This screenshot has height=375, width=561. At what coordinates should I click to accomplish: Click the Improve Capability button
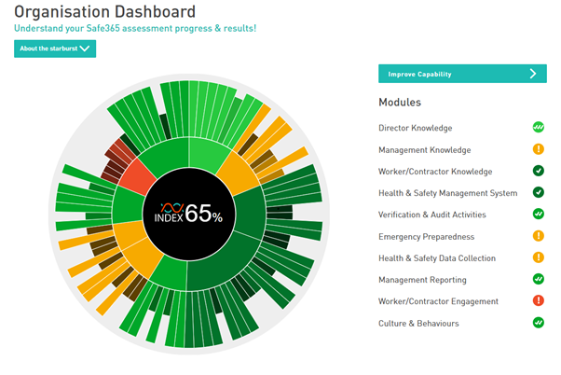tap(462, 74)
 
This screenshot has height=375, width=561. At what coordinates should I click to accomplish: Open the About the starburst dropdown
tap(55, 49)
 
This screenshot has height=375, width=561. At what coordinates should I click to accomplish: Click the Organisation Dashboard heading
tap(105, 12)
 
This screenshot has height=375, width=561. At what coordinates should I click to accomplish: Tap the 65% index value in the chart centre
tap(203, 214)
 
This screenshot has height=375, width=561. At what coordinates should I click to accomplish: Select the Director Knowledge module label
tap(416, 128)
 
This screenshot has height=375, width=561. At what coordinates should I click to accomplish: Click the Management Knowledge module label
tap(424, 149)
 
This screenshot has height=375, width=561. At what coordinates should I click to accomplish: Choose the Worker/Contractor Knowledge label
tap(435, 172)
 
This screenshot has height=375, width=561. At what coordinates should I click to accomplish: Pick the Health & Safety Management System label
tap(447, 193)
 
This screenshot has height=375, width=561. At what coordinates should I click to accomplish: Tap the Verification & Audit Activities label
tap(432, 215)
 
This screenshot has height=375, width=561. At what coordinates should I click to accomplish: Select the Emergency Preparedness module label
tap(426, 237)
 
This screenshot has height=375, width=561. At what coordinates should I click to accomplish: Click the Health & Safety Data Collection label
tap(436, 258)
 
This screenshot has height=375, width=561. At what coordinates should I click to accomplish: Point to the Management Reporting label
tap(422, 280)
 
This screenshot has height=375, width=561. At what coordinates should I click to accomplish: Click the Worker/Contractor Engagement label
tap(438, 302)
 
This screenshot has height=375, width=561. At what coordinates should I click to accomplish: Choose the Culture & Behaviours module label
tap(418, 324)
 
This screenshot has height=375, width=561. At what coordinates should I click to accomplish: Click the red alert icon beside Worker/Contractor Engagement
tap(538, 301)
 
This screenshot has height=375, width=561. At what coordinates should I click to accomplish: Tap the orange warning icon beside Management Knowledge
tap(538, 149)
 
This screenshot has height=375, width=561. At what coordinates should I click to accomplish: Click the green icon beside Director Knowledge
tap(538, 127)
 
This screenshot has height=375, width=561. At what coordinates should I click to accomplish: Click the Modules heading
tap(399, 102)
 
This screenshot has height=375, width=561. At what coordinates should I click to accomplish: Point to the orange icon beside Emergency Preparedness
tap(538, 236)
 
